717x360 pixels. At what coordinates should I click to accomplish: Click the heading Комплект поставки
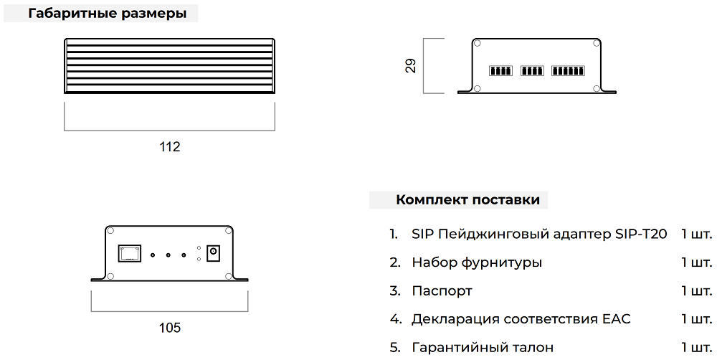pyautogui.click(x=467, y=200)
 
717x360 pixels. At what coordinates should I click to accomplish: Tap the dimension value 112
pyautogui.click(x=169, y=147)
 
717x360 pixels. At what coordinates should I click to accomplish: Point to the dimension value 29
pyautogui.click(x=410, y=66)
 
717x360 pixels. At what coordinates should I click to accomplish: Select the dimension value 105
pyautogui.click(x=169, y=328)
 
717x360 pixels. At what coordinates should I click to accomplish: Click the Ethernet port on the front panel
pyautogui.click(x=130, y=253)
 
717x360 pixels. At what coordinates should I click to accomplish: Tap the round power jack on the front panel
pyautogui.click(x=212, y=253)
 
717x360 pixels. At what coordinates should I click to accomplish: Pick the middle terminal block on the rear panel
pyautogui.click(x=532, y=71)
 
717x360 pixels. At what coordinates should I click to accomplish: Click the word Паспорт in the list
pyautogui.click(x=442, y=291)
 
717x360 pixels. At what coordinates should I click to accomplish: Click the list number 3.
pyautogui.click(x=394, y=291)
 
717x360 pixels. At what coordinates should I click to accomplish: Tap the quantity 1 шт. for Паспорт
pyautogui.click(x=696, y=291)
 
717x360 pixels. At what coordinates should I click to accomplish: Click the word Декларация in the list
pyautogui.click(x=456, y=319)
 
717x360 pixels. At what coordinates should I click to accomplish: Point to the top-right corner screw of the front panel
pyautogui.click(x=228, y=230)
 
